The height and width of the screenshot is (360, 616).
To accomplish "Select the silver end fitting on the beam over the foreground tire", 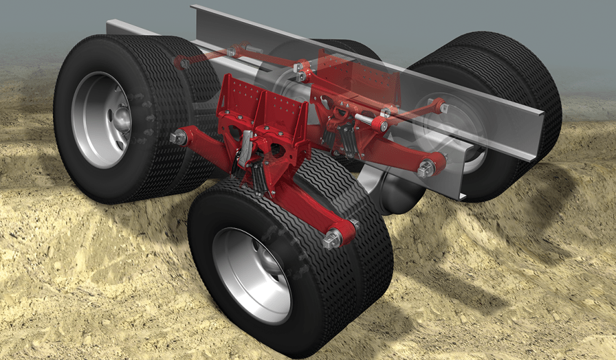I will pyautogui.click(x=333, y=238).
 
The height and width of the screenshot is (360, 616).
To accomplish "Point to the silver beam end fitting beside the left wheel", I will pyautogui.click(x=178, y=138).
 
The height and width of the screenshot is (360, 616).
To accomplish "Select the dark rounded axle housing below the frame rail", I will pyautogui.click(x=395, y=194).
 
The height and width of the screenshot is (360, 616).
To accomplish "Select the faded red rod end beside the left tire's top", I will pyautogui.click(x=181, y=63).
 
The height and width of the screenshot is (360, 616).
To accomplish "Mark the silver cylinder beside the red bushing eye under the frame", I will pyautogui.click(x=365, y=120).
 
